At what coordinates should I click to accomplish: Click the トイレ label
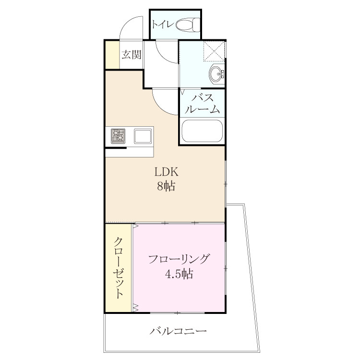162,24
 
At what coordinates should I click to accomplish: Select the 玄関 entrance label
132,55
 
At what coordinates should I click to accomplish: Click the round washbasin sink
216,74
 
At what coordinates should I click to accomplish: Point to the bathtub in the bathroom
202,131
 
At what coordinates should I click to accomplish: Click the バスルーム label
202,104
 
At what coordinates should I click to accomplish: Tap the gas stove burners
118,136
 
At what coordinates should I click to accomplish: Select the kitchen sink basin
143,136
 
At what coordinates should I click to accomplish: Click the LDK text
166,172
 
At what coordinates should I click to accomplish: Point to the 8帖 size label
166,186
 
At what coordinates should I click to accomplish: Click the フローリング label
179,259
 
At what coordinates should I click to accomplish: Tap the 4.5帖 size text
179,274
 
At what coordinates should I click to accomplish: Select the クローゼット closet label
119,268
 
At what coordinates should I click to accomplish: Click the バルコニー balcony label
179,331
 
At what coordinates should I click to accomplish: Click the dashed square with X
214,51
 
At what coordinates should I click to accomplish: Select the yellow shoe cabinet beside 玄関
112,55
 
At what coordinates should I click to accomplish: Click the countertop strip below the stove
130,152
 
